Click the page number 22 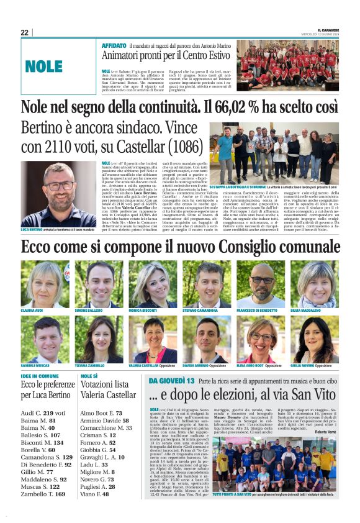25,32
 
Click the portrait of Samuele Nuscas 45,339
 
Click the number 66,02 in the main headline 224,108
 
